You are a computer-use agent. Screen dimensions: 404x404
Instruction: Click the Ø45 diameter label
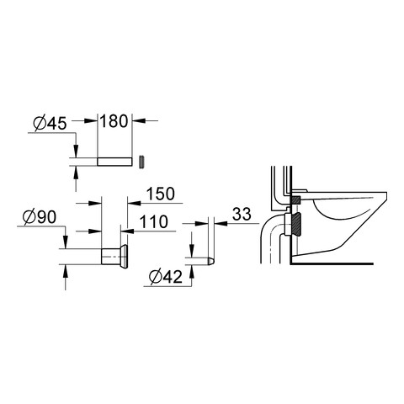click(x=50, y=124)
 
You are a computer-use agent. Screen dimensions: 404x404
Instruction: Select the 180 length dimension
click(x=114, y=121)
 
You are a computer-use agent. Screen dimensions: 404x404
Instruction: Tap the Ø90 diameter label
click(x=40, y=217)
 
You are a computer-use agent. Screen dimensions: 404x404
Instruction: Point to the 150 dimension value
click(x=161, y=194)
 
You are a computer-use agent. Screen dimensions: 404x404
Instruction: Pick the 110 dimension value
click(x=154, y=221)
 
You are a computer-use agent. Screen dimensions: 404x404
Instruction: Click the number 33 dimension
click(x=242, y=215)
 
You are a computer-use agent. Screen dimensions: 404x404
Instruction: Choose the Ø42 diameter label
click(x=166, y=277)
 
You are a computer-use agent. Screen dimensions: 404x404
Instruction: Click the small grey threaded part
click(x=142, y=162)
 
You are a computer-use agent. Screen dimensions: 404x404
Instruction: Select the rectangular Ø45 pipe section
click(x=114, y=162)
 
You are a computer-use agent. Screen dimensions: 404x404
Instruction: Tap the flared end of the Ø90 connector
click(x=124, y=257)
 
